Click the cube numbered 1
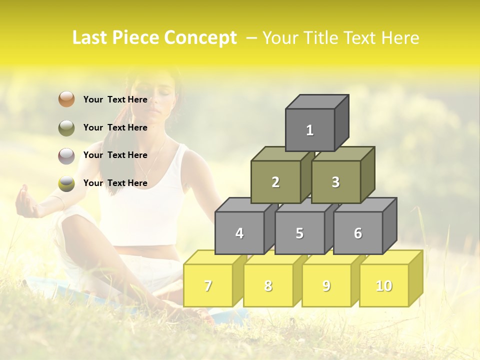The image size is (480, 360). [x=310, y=130]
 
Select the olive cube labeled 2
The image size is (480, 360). [x=275, y=182]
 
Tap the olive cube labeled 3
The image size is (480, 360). [x=335, y=182]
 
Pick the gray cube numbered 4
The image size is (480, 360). [x=239, y=233]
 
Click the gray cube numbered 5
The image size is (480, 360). [x=299, y=233]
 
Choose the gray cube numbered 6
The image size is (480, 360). [x=358, y=233]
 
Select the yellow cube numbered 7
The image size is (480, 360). [x=208, y=285]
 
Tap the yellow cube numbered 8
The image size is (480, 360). [x=268, y=285]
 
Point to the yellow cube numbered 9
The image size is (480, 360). [x=326, y=285]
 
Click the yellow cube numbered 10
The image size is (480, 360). [x=384, y=285]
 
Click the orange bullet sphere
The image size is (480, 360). [x=66, y=99]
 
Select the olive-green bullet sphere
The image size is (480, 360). [x=66, y=128]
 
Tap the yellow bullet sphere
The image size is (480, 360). [x=66, y=183]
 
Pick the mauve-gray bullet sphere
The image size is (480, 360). [x=66, y=156]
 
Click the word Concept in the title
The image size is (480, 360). [x=200, y=38]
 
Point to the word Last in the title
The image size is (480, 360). [x=91, y=38]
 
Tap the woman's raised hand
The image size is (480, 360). [x=24, y=203]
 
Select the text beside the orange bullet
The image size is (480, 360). [x=115, y=99]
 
